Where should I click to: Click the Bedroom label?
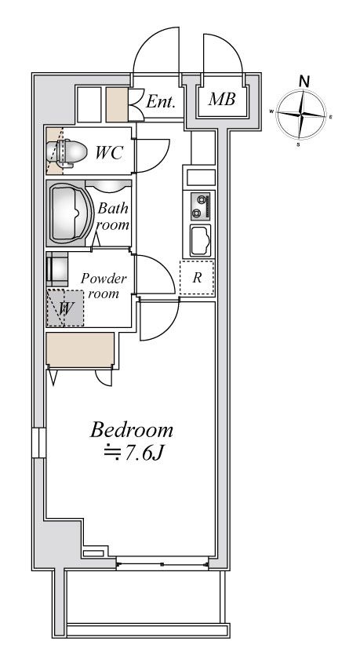coord(131,431)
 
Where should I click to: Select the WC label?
coord(109,152)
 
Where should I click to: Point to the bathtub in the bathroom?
coord(70,213)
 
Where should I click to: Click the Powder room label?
coord(104,286)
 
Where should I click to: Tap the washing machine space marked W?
coord(64,308)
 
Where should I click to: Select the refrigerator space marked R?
coord(197,278)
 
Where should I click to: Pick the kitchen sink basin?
coord(200,240)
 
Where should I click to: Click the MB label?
coord(221,100)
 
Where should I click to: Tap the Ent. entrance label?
coord(161,101)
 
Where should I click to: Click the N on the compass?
coord(304,81)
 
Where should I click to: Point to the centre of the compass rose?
coord(301,115)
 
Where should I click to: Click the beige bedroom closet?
coord(80,349)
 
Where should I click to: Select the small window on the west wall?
coord(38,443)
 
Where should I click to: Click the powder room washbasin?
coord(57,269)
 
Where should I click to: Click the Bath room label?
coord(113,217)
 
